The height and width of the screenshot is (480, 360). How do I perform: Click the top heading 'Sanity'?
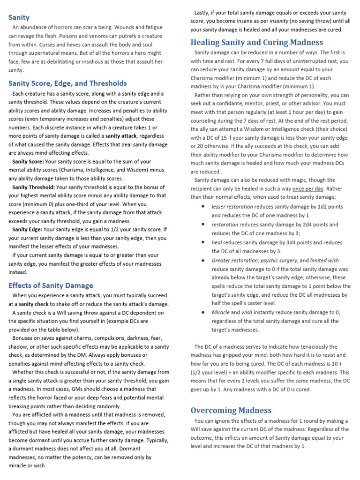click(x=19, y=17)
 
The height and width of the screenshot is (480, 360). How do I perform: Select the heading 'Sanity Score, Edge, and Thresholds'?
click(x=67, y=83)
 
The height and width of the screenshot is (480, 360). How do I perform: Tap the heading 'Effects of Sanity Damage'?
click(x=51, y=285)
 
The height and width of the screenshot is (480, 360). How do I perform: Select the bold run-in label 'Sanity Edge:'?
click(x=27, y=229)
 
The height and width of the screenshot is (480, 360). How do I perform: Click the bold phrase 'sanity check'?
click(x=33, y=304)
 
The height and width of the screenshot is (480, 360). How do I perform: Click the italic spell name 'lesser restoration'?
click(x=232, y=207)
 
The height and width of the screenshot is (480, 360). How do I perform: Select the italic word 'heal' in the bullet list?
click(x=216, y=242)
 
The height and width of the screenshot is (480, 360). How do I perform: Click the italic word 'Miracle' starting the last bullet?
click(x=220, y=312)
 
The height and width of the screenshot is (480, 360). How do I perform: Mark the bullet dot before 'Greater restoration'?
click(x=202, y=260)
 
